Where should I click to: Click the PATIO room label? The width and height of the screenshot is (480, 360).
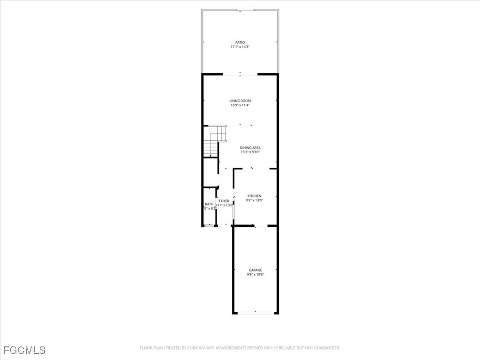pos(240,43)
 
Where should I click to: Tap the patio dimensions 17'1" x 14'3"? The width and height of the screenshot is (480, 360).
pos(240,47)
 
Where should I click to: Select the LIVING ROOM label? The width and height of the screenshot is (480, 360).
pos(240,101)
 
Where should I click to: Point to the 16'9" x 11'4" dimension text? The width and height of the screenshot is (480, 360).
pos(240,105)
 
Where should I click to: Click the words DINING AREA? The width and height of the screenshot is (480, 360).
pos(250,148)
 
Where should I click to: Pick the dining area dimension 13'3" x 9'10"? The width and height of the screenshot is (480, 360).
pos(250,152)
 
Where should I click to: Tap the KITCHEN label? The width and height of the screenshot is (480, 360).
pos(255,196)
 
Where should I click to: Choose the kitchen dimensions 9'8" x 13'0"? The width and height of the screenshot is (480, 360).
pos(255,201)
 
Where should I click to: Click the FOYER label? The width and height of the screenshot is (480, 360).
pos(224,201)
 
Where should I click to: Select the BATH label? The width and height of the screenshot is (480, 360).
pos(209,204)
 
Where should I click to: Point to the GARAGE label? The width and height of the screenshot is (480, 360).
pos(255,270)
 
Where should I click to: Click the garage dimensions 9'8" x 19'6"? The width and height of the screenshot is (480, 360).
pos(255,275)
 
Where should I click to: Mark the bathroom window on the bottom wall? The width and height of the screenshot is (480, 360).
pos(209,226)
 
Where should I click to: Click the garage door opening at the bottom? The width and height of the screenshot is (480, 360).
pos(255,313)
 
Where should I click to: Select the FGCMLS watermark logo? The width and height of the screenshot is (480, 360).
pos(24,350)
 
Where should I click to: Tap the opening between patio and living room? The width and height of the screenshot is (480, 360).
pos(240,74)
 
